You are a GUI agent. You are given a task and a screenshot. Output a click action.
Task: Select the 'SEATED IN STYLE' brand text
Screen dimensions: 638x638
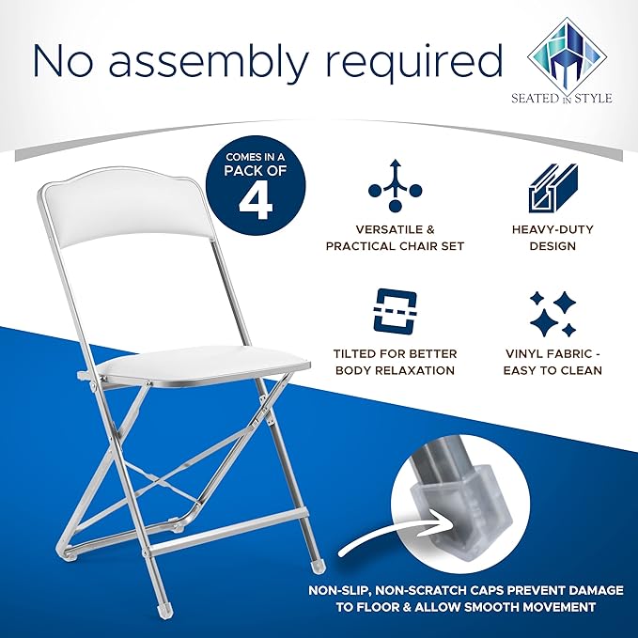pyautogui.click(x=562, y=98)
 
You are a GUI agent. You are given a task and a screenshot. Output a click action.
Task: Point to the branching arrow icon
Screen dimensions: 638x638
pyautogui.click(x=395, y=185)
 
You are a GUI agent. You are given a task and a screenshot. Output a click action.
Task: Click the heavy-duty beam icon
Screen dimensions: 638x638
pyautogui.click(x=552, y=188)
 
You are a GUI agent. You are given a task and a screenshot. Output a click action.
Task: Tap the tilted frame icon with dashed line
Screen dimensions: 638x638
pyautogui.click(x=395, y=310)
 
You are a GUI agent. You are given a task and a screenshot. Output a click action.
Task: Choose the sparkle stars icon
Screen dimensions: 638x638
pyautogui.click(x=552, y=314)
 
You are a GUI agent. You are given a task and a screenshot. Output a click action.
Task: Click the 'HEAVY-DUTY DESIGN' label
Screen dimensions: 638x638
pyautogui.click(x=552, y=238)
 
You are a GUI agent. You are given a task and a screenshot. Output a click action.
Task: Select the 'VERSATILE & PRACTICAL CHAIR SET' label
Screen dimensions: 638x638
pyautogui.click(x=395, y=238)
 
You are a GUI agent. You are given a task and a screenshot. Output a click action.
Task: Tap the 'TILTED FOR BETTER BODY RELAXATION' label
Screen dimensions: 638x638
pyautogui.click(x=395, y=362)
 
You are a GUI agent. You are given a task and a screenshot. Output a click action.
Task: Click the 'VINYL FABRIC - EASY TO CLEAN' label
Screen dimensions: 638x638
pyautogui.click(x=552, y=362)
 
